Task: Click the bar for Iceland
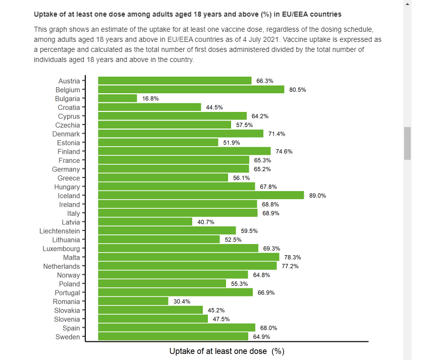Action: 201,196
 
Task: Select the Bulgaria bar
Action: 118,98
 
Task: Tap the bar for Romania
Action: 133,302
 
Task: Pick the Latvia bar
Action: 145,222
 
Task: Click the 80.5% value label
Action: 298,90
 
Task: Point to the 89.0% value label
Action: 317,196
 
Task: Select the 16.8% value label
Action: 150,98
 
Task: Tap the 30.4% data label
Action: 182,302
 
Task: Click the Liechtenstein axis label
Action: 60,231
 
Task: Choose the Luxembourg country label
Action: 61,249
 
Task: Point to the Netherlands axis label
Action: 61,266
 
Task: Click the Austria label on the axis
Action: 69,81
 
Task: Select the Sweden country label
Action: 68,337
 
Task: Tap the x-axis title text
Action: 227,351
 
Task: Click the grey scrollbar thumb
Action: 407,143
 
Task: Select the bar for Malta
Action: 189,257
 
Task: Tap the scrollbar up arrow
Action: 407,4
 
